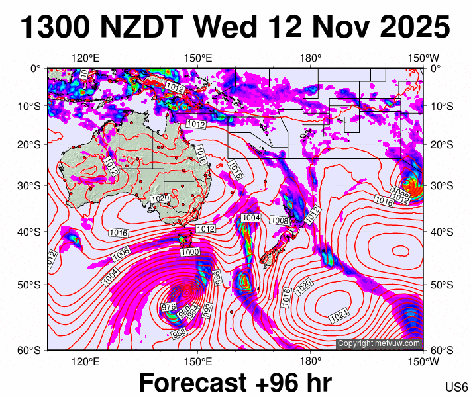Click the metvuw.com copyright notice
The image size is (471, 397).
379,343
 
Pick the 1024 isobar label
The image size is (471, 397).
339,317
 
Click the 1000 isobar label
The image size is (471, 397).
189,253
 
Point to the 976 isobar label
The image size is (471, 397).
168,307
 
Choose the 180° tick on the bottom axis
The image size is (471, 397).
311,361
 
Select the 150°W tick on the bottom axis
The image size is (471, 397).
423,361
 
